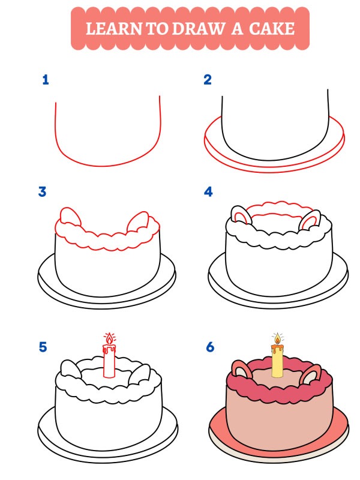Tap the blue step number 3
tap(43, 192)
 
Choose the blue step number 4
tap(208, 192)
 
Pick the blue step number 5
tap(43, 347)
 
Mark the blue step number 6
tap(209, 347)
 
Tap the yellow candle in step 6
tap(277, 362)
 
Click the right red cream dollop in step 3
tap(140, 220)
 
